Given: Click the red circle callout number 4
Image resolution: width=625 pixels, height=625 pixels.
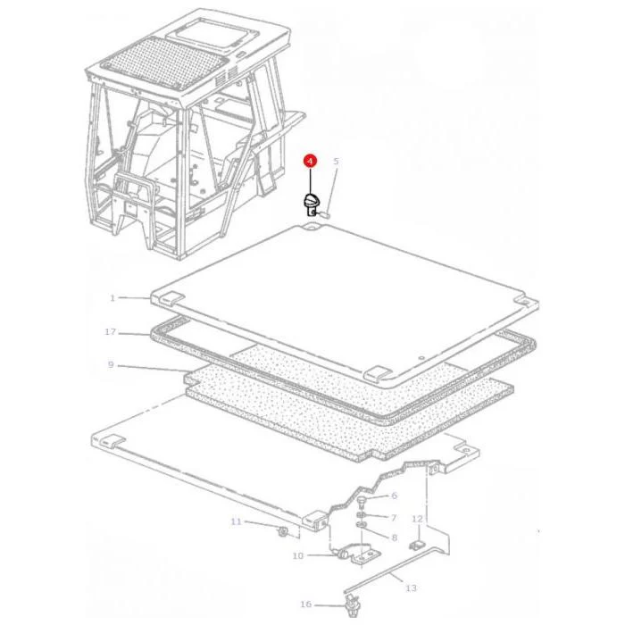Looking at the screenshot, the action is pos(310,161).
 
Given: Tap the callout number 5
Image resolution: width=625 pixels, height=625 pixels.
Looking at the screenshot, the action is pos(336,162).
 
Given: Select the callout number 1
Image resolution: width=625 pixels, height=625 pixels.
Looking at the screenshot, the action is pos(112,297).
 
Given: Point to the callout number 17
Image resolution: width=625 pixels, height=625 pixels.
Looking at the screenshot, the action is pos(111,331).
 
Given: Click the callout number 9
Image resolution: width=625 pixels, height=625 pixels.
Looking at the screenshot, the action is pos(111,364).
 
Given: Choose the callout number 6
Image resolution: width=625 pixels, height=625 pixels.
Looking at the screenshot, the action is pos(395,496).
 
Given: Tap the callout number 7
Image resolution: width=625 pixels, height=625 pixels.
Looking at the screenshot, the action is pos(394,517).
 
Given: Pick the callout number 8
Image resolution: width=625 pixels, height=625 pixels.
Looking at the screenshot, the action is pos(395,537).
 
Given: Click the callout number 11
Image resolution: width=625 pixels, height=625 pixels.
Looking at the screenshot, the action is pos(237,521).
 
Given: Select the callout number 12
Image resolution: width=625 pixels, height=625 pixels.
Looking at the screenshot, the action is pos(417,519).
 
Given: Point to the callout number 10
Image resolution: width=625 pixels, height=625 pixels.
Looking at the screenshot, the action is pos(298,555).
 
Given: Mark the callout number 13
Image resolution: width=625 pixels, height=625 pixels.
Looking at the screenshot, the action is pos(411,587).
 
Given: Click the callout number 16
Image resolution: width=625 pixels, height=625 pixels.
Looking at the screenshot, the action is pos(305,604).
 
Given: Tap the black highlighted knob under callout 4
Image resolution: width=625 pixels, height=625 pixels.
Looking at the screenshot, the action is pos(312,204).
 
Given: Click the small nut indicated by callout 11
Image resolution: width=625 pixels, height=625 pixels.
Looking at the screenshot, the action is pos(283,531).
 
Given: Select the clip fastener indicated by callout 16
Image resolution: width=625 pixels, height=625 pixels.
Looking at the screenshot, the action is pos(352,605).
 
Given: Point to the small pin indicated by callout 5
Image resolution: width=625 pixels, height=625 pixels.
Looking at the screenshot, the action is pos(323,214).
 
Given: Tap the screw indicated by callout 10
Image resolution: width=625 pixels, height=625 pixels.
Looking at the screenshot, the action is pos(342,554).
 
